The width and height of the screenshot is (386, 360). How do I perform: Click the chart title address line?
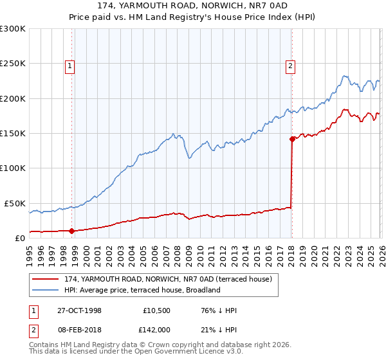click(x=193, y=5)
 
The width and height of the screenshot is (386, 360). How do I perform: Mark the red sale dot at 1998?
click(x=72, y=230)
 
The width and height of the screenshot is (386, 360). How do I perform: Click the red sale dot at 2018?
click(x=292, y=138)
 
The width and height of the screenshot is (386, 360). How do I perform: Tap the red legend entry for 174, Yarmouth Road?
click(x=169, y=279)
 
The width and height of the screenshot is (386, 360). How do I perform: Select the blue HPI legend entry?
click(x=142, y=290)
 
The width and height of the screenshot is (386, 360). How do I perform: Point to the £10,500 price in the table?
click(x=156, y=310)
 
